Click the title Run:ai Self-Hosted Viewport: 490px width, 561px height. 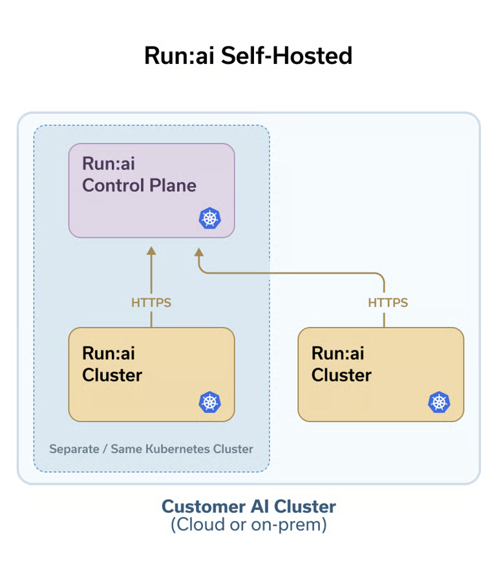pos(248,56)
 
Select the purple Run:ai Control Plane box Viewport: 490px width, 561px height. pos(151,190)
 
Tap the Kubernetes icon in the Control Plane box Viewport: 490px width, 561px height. pos(209,218)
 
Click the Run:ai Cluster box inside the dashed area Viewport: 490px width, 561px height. pos(151,374)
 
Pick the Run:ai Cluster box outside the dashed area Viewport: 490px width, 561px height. pos(381,374)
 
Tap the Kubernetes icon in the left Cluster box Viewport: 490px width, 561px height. pos(209,402)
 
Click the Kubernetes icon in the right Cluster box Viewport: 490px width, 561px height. pos(439,402)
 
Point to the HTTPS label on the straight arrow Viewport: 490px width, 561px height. pos(151,302)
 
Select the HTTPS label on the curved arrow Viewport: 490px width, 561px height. pos(388,302)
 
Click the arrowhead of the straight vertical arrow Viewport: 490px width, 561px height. pos(151,251)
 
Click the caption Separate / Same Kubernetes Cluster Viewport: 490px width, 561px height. pos(151,449)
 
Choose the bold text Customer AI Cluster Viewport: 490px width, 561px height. pos(248,506)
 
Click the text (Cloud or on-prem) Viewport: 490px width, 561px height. pos(248,525)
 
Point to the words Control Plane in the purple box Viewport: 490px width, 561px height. pos(139,185)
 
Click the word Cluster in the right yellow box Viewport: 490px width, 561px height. pos(341,375)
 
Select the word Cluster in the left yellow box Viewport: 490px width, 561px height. pos(112,375)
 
